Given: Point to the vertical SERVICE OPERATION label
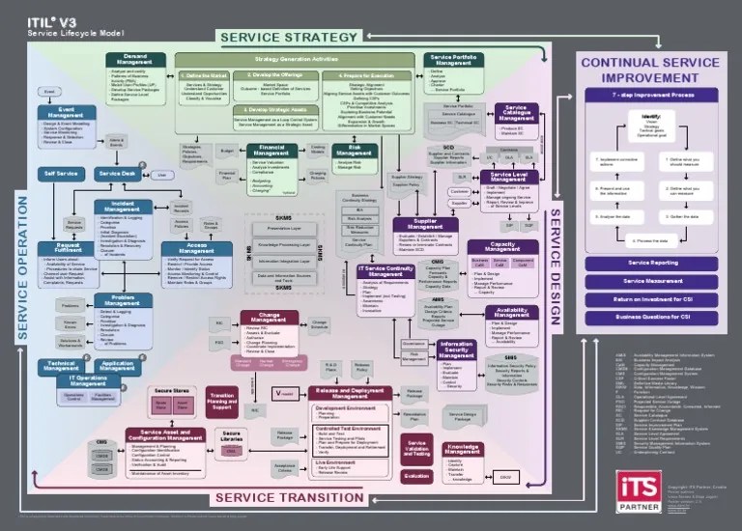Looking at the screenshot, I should [22, 262].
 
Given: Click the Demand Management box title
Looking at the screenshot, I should [134, 60].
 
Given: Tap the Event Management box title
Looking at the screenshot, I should [66, 112].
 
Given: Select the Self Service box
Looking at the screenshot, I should [62, 174].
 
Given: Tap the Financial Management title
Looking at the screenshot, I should [271, 152].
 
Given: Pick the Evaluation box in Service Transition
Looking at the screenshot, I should [416, 476].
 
